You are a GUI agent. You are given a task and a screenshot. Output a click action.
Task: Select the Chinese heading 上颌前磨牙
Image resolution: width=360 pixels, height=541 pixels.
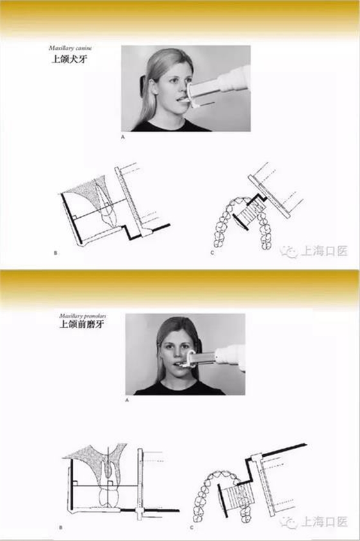coord(81,325)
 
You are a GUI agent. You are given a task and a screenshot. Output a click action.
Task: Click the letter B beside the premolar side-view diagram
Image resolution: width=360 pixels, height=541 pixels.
coord(60,528)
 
